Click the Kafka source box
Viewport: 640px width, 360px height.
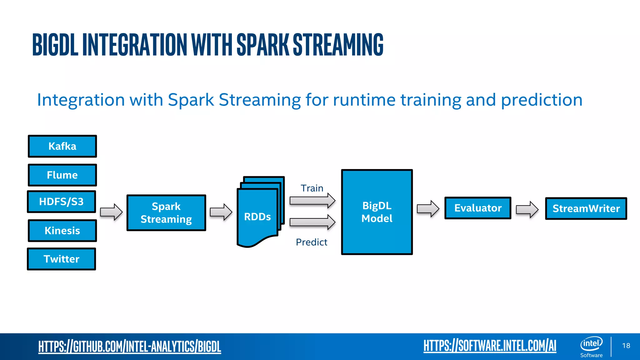[62, 146]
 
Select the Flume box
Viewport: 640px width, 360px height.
[62, 175]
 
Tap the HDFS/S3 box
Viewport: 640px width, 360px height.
[62, 202]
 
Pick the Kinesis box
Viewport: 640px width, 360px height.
[62, 231]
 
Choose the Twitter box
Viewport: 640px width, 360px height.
[62, 259]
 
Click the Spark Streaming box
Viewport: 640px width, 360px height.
[166, 213]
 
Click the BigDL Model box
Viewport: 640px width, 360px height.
[377, 212]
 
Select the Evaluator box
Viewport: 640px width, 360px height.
[478, 208]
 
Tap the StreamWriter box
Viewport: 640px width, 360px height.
[586, 208]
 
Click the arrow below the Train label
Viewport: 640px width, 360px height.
[312, 201]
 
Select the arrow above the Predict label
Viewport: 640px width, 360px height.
[312, 222]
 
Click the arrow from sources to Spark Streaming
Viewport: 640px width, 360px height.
[111, 212]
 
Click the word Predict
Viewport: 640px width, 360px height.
[311, 242]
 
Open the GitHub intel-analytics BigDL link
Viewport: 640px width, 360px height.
[130, 346]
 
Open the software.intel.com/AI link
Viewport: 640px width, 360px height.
[490, 346]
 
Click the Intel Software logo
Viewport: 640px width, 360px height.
[591, 346]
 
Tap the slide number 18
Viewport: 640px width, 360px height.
[626, 346]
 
